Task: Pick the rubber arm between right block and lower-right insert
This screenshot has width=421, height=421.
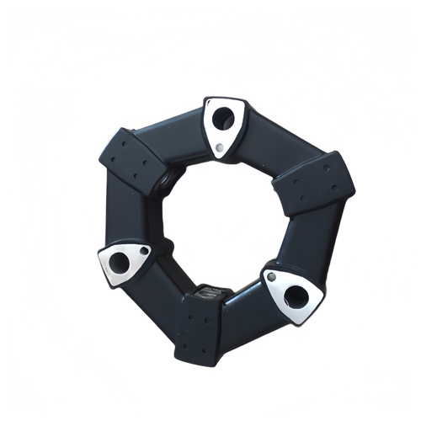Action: tap(303, 244)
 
